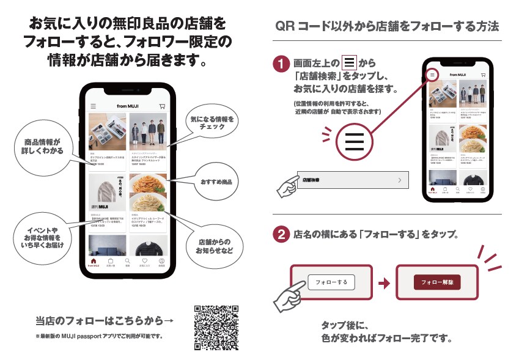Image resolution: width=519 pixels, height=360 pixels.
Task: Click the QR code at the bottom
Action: pos(216,328)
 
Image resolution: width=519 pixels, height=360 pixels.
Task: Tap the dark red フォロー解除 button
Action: pos(436,282)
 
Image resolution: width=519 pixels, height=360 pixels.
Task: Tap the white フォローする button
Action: pos(331,282)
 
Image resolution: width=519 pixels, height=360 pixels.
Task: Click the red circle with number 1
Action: pos(280,64)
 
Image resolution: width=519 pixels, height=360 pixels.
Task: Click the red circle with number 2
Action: pos(280,235)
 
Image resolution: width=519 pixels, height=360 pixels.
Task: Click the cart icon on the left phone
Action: pos(162,106)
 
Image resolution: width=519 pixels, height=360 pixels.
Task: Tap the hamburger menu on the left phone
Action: pos(94,106)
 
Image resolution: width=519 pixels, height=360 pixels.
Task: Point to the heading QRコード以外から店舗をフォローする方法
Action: pos(387,26)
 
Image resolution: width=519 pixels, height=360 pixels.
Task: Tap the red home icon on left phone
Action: pos(94,262)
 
